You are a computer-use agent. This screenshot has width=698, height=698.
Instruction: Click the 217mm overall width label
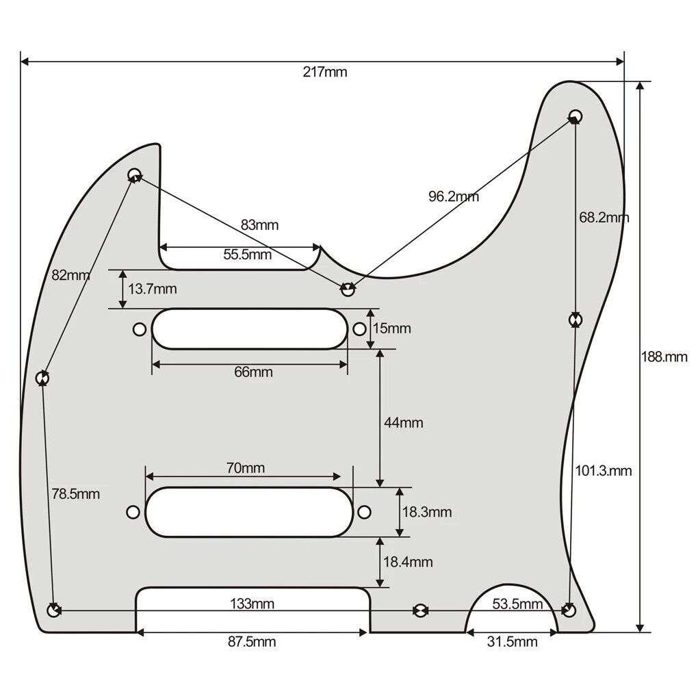click(325, 73)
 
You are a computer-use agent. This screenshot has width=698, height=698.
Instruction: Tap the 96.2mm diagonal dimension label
click(454, 197)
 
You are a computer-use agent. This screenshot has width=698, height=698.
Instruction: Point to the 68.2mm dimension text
click(604, 218)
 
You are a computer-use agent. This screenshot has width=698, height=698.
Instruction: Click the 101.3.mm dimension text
click(602, 471)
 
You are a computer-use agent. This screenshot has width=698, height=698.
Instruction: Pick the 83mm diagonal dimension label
click(259, 224)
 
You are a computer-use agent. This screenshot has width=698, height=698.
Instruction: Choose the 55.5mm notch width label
click(247, 255)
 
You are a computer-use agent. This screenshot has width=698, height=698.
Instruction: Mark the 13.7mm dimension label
click(152, 289)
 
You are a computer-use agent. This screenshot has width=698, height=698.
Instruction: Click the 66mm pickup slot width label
click(253, 372)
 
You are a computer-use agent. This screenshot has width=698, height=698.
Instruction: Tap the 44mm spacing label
click(403, 423)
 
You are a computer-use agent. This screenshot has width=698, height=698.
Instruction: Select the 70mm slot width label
click(245, 468)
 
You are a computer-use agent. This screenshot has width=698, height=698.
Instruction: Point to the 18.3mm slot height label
click(426, 512)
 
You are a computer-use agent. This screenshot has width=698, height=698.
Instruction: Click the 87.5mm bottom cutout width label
click(253, 642)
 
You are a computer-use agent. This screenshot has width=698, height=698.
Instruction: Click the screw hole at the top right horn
click(576, 115)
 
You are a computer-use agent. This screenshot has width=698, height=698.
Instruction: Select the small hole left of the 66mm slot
click(139, 330)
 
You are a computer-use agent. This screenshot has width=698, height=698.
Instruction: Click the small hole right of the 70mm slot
click(365, 512)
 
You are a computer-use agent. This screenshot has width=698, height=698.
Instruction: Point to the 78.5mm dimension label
click(75, 493)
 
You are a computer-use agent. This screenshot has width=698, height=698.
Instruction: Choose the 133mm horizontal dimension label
click(252, 604)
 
